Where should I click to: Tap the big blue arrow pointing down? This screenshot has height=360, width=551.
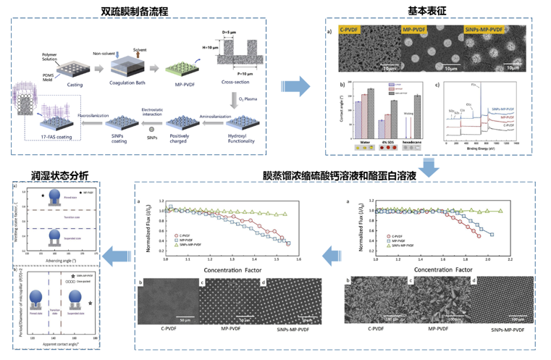tap(427, 167)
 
